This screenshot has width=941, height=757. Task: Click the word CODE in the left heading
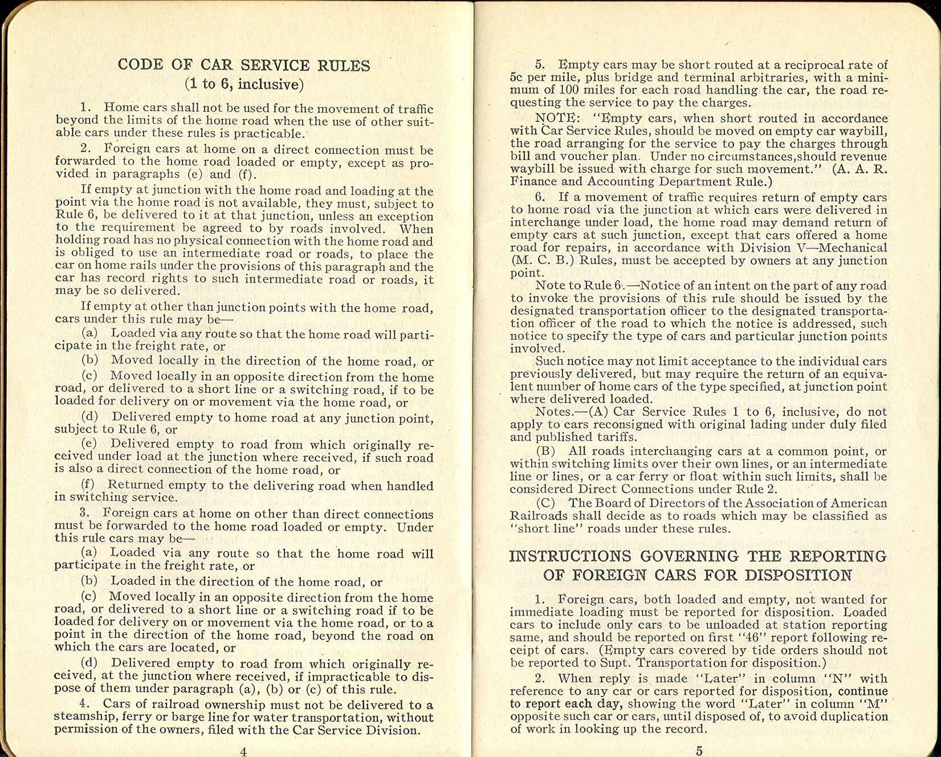[140, 64]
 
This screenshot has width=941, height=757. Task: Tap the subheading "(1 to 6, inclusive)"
[244, 84]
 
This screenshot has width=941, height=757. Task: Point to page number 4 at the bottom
[243, 751]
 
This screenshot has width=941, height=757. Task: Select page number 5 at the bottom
[699, 751]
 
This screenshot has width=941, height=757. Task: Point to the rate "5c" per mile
[518, 78]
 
